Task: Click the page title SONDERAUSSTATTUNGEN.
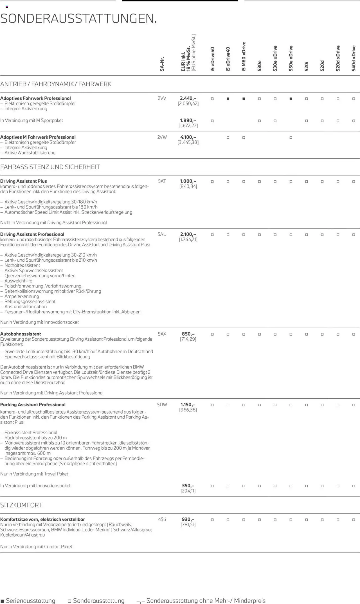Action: coord(78,19)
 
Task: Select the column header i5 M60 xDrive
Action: coord(244,56)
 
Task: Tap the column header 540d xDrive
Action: coord(354,58)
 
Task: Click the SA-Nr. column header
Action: coord(162,64)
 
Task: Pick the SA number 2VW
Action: coord(162,137)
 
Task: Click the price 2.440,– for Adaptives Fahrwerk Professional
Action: coord(188,98)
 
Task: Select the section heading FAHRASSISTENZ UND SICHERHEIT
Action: coord(50,167)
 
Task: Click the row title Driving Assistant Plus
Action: coord(24,181)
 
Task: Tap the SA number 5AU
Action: coord(162,234)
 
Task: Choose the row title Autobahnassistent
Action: coord(21,334)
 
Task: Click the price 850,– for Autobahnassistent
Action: coord(188,334)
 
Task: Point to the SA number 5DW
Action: coord(162,405)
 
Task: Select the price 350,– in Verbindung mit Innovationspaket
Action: coord(188,486)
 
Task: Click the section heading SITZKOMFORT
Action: coord(21,505)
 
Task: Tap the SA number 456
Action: coord(162,519)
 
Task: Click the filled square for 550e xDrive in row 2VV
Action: coord(291,99)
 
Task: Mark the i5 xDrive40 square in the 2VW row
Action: coord(228,138)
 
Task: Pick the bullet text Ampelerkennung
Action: coord(22,296)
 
